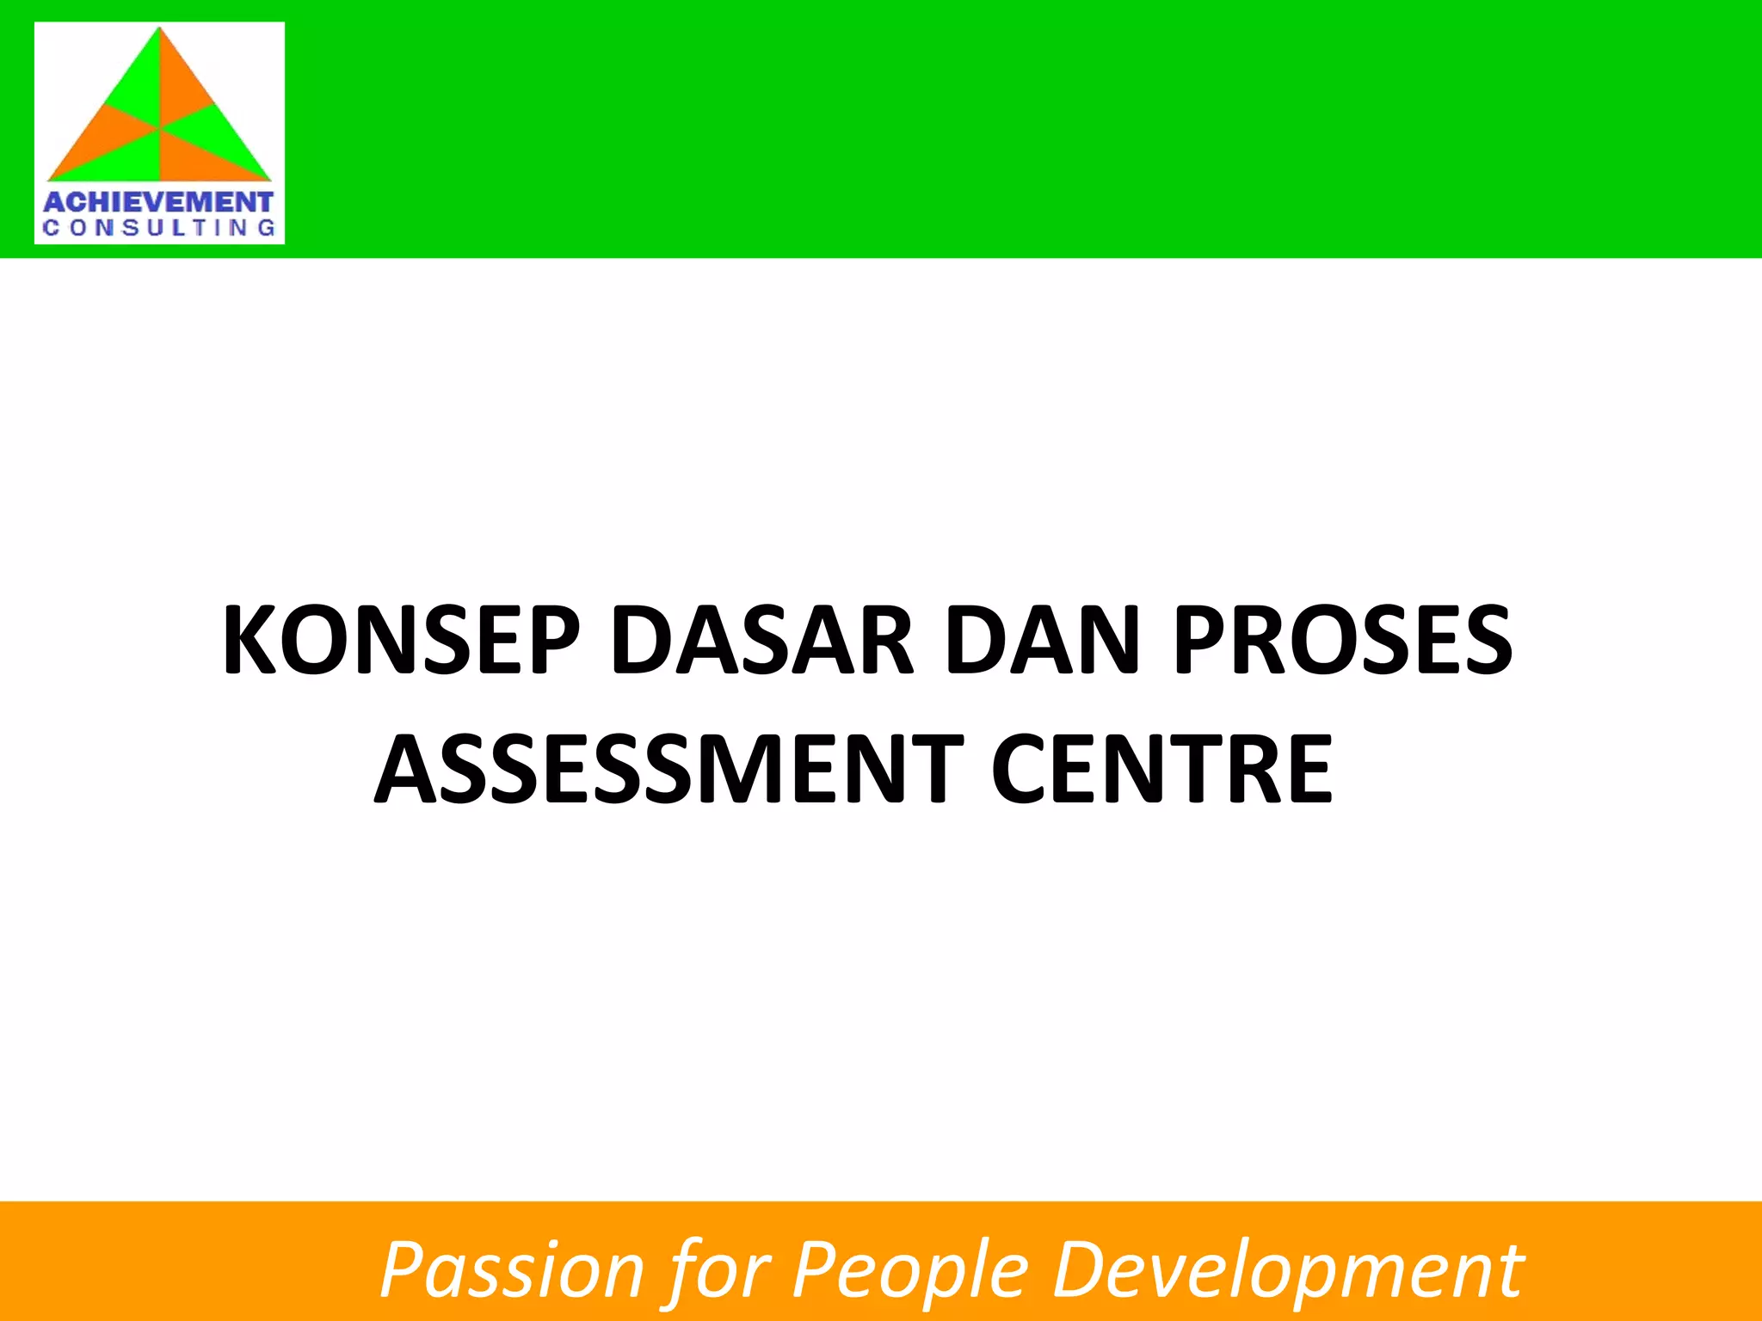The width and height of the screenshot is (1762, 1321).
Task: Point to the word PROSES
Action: [x=1342, y=641]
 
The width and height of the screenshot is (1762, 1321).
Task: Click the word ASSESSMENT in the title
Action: [x=669, y=769]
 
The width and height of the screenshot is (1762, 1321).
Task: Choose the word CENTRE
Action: [x=1161, y=769]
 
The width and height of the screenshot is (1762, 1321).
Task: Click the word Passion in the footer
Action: [x=512, y=1270]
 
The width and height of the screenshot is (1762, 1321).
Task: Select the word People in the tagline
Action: [x=910, y=1270]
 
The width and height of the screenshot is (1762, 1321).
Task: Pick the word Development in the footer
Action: [x=1288, y=1270]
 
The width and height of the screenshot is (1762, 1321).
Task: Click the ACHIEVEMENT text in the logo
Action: [x=158, y=203]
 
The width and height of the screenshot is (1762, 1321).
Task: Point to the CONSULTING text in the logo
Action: [x=158, y=229]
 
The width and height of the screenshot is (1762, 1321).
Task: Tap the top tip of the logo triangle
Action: [x=160, y=31]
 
